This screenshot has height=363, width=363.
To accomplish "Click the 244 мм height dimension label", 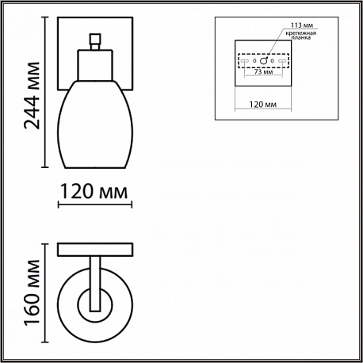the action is (x=32, y=95).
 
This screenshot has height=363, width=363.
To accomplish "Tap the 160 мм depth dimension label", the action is (x=32, y=292).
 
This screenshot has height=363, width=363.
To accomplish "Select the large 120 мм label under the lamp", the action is (x=94, y=192).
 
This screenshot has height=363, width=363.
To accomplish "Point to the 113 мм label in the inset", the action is (x=302, y=25).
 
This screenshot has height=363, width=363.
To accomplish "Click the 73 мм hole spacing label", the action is (x=263, y=71).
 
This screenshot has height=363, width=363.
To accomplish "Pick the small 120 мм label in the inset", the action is (x=263, y=105).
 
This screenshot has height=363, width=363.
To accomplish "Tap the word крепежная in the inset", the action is (x=300, y=33).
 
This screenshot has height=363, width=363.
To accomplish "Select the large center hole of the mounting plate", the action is (x=263, y=61).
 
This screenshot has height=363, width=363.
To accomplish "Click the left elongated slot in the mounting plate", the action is (x=244, y=61).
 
